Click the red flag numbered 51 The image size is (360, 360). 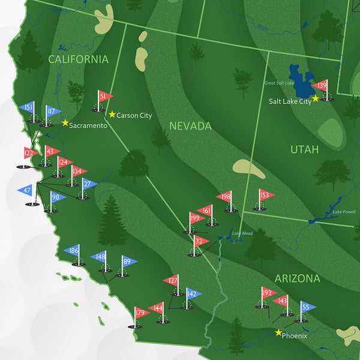(104, 97)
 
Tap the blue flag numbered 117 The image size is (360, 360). (52, 111)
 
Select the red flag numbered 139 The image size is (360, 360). (320, 86)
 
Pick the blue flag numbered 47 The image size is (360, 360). (26, 190)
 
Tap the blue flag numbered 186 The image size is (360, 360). (73, 250)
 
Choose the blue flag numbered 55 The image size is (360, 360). (307, 307)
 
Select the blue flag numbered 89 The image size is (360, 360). (128, 261)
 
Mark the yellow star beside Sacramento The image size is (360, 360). (65, 122)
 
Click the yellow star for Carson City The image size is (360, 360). (112, 114)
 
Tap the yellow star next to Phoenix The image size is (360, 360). (278, 332)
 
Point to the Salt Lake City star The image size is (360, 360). (316, 98)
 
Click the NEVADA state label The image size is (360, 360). (190, 126)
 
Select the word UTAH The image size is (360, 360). (305, 149)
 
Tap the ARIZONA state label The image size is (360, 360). (297, 278)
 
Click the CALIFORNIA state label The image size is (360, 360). (79, 59)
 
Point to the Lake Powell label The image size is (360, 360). (344, 212)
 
